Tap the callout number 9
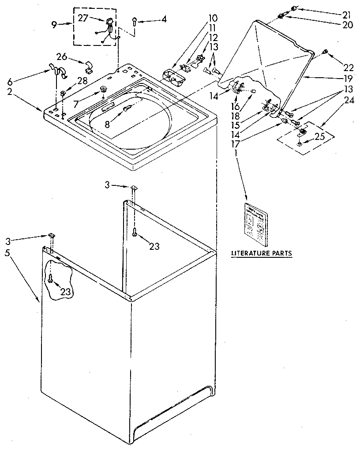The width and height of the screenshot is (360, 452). (x=54, y=25)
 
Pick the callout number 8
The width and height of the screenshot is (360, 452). (x=107, y=124)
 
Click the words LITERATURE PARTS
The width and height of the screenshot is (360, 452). (x=262, y=253)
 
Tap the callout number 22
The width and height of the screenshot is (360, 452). (x=349, y=68)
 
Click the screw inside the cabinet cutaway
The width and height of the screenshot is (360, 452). (x=51, y=279)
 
